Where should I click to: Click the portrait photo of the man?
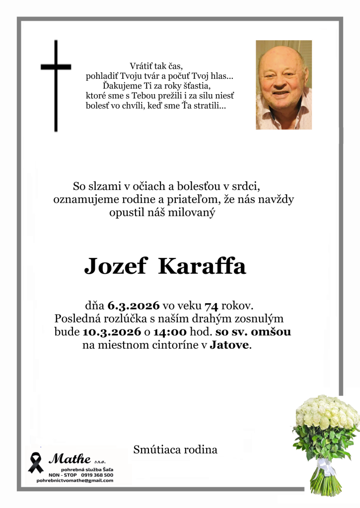click(x=284, y=85)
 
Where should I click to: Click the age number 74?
click(x=212, y=305)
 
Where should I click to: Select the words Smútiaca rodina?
click(x=175, y=450)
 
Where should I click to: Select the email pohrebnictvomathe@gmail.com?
click(x=74, y=480)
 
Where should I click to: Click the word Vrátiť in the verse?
click(x=142, y=66)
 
